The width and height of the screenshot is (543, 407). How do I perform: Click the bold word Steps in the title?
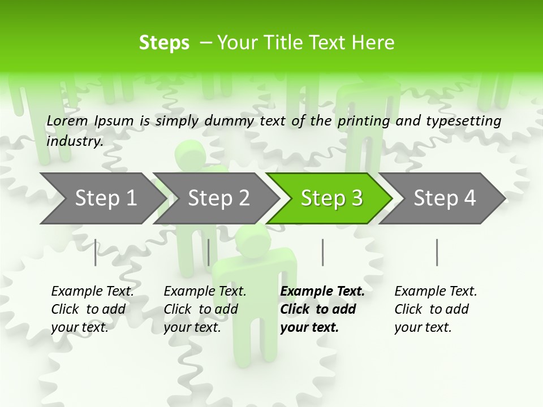(164, 43)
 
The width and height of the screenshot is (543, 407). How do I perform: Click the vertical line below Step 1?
(95, 252)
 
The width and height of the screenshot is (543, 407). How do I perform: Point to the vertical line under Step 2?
(209, 252)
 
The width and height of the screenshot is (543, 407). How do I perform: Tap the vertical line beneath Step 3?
(322, 252)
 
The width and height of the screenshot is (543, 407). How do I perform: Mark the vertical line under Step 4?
(437, 252)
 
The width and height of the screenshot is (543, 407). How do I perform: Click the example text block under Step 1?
(92, 309)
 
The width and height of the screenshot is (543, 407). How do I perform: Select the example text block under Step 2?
(205, 309)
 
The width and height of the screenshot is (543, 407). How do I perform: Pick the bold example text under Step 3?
(322, 309)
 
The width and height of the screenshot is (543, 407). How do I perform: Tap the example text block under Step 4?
(436, 309)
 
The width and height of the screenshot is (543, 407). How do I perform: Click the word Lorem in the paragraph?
(67, 121)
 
